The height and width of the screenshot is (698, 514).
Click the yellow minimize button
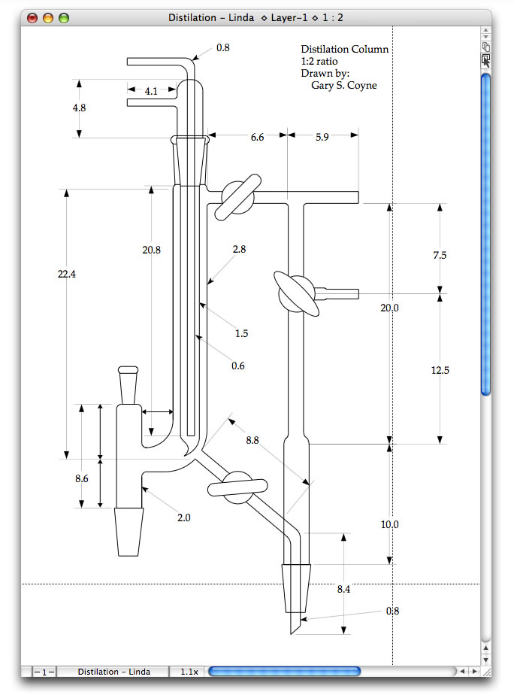48,17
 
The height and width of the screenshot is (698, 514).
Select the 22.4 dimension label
67,275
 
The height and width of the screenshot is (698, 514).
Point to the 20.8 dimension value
151,250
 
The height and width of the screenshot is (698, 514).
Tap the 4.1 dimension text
151,91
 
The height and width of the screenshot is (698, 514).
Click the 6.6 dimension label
257,137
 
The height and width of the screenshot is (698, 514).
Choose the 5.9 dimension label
322,137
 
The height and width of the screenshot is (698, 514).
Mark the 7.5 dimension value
440,255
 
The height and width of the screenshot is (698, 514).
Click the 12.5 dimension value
440,369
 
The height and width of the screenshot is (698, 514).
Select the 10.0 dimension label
389,524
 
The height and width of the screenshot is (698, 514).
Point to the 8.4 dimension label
343,589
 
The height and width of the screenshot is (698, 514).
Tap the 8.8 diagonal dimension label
252,440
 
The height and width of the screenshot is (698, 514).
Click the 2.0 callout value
183,517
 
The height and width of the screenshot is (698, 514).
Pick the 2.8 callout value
240,249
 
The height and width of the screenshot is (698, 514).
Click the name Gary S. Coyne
343,85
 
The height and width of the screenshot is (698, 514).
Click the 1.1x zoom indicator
189,672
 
